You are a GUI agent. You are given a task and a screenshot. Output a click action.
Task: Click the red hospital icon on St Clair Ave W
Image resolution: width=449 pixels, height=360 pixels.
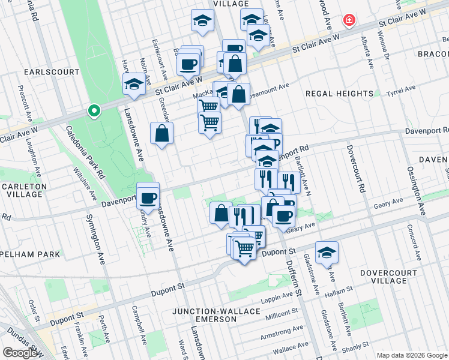348,21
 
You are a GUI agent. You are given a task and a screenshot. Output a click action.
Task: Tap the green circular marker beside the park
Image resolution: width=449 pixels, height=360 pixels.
94,111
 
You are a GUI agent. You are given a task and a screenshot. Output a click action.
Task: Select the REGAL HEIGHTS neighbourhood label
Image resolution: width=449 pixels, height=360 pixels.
339,94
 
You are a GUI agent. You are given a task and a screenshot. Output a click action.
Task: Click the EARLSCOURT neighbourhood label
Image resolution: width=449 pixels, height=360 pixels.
52,72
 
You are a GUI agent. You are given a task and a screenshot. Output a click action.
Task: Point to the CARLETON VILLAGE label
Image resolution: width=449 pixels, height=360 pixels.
24,191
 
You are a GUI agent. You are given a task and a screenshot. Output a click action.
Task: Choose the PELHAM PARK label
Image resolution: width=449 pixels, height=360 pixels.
30,254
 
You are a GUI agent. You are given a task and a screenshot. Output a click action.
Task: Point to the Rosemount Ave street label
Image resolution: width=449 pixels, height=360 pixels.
268,88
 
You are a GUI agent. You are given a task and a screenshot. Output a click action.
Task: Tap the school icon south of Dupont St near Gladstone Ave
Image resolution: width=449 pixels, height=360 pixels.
327,252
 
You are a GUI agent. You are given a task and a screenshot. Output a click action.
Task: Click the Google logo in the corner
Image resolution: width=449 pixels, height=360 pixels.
20,353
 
